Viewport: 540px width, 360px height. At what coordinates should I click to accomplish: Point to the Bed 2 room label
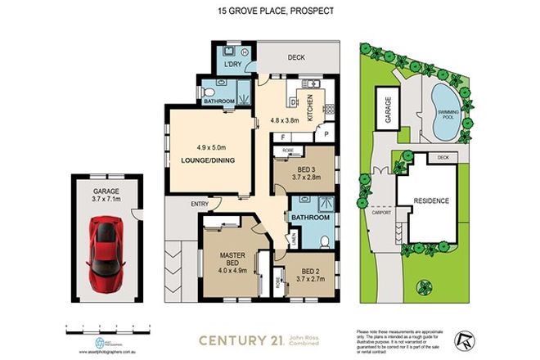(309, 271)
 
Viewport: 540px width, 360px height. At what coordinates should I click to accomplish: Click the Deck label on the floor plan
(295, 58)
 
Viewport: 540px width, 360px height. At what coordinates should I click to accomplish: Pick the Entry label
(176, 204)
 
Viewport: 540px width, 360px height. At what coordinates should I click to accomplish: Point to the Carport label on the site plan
(382, 211)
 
